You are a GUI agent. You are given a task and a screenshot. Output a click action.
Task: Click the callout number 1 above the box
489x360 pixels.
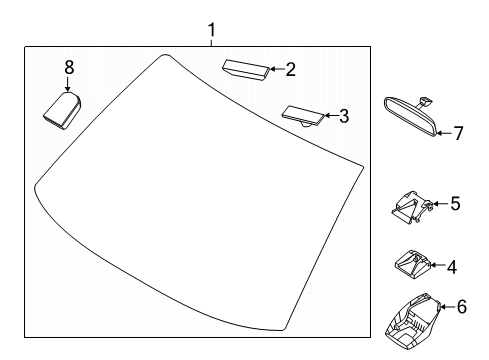click(211, 30)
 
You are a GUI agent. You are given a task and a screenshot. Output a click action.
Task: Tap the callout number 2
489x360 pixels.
click(290, 70)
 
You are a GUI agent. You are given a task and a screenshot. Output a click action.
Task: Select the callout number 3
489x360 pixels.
click(344, 116)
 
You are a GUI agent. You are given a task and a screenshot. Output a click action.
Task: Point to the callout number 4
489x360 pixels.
click(452, 267)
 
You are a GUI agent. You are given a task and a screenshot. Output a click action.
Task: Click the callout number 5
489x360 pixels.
click(455, 203)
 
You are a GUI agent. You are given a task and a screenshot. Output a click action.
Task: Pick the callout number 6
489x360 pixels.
click(462, 307)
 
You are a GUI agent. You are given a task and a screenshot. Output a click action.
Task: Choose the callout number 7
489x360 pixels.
click(459, 133)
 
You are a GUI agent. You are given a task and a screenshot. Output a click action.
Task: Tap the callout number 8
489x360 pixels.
click(69, 67)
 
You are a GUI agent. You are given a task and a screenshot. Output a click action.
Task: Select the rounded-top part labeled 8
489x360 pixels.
click(63, 110)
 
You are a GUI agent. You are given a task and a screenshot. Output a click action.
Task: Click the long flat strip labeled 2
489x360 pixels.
click(246, 69)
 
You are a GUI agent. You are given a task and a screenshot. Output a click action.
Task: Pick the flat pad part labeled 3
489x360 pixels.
click(303, 116)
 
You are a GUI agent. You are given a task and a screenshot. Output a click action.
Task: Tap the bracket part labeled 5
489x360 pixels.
click(412, 207)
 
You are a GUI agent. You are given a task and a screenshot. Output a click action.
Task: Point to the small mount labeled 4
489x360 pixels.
click(413, 264)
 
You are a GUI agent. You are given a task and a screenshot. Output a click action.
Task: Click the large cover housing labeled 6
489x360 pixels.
click(413, 321)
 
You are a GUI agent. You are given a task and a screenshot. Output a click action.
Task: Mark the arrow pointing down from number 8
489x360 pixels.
click(68, 84)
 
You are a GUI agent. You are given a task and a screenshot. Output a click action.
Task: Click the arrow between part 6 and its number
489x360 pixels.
click(446, 307)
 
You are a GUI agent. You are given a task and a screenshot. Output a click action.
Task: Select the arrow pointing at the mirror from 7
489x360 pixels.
click(444, 133)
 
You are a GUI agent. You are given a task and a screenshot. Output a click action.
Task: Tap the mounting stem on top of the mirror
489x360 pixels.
click(425, 102)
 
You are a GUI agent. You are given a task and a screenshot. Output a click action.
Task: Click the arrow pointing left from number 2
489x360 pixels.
click(276, 69)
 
